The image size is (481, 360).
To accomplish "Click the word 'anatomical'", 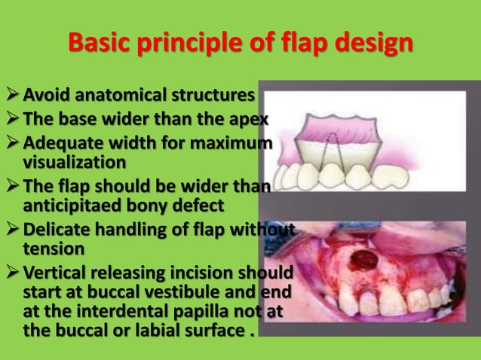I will point(118,96).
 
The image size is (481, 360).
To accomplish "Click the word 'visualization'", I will point(72,161).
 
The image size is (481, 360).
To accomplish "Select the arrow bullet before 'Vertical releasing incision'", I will point(10,272).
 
